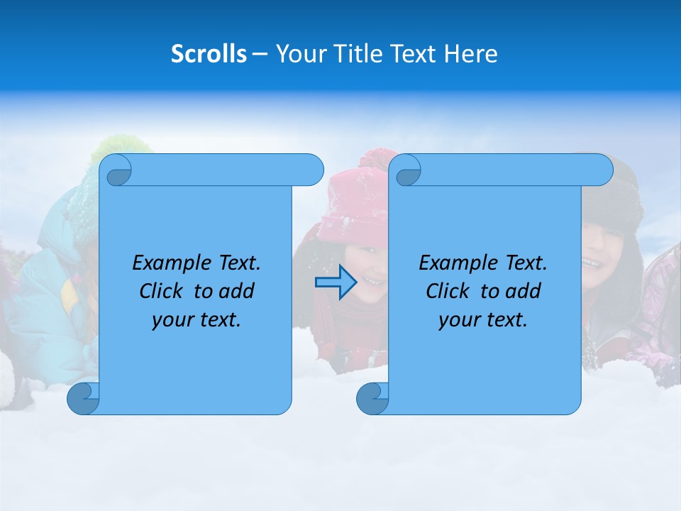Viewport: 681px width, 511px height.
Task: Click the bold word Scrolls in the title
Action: pos(209,53)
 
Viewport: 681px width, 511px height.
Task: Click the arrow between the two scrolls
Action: pos(336,283)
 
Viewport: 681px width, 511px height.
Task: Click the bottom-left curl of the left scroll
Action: pos(83,398)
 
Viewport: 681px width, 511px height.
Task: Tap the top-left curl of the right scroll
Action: pos(407,170)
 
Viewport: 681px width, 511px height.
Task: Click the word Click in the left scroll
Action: pos(161,291)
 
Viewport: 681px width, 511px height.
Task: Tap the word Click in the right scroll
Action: pos(448,291)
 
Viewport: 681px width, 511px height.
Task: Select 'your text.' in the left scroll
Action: pos(196,320)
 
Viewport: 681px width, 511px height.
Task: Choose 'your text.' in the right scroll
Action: pos(483,320)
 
